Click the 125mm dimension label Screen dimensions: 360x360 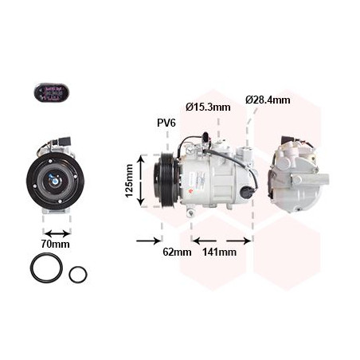[x=128, y=182]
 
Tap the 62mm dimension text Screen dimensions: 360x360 [x=178, y=252]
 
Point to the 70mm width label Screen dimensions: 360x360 [x=55, y=244]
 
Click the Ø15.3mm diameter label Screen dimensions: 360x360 [x=208, y=107]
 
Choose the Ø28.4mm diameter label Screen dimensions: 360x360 [x=268, y=100]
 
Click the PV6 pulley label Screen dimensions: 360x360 [x=166, y=123]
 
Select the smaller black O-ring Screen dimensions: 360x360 [x=78, y=275]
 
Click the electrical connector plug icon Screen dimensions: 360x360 [x=52, y=93]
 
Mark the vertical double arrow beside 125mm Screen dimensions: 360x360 [x=142, y=182]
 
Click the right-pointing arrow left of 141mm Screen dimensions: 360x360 [x=202, y=240]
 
